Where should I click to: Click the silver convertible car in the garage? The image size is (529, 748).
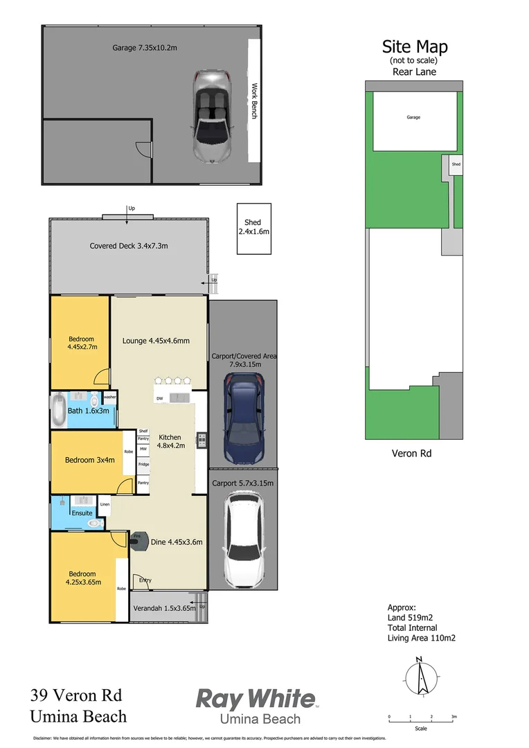[x=211, y=116]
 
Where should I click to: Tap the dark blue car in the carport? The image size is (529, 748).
[x=243, y=418]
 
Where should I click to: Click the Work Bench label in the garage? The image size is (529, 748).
[x=254, y=101]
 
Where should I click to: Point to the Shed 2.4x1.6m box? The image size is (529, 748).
[x=253, y=228]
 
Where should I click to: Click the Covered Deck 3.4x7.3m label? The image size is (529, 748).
[x=129, y=246]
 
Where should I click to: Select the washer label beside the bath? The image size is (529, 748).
[x=109, y=397]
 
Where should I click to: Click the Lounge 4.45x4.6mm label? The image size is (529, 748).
[x=156, y=340]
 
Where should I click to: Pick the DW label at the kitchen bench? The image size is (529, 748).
[x=160, y=398]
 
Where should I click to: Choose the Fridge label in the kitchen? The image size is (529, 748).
[x=143, y=464]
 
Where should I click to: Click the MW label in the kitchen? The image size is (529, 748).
[x=143, y=449]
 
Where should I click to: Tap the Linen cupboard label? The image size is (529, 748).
[x=105, y=504]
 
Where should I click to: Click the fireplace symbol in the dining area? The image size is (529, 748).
[x=136, y=540]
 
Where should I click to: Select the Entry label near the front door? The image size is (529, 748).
[x=145, y=580]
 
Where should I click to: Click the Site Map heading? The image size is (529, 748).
[x=415, y=47]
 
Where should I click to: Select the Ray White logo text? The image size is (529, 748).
[x=255, y=699]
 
